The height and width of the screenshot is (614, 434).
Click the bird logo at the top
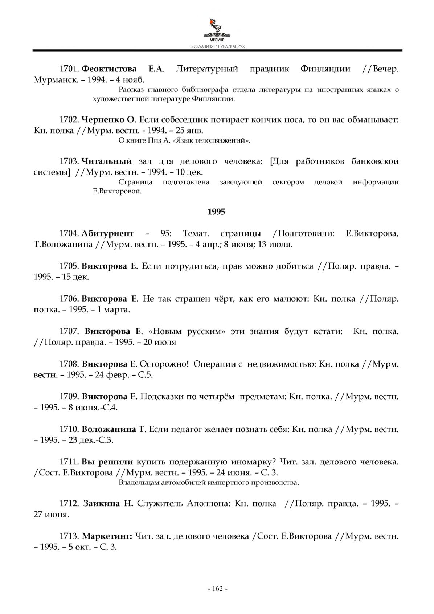217,27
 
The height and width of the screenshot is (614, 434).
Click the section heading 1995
216,212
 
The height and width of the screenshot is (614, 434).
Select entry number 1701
69,69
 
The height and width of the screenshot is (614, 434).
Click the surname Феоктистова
109,69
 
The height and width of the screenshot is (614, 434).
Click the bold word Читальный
106,161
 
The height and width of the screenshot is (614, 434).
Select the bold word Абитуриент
108,233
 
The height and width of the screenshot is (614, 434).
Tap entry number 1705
69,266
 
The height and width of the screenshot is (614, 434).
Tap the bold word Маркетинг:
107,536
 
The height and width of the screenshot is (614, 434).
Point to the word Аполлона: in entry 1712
209,504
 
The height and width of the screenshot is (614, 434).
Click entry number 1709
69,397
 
